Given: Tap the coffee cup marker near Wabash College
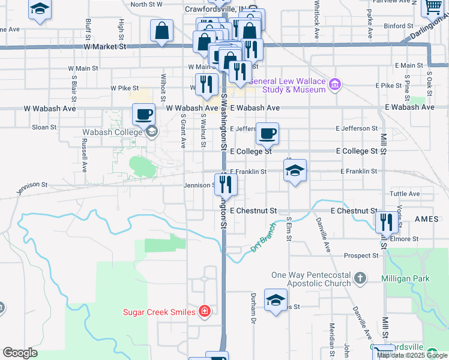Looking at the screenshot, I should tap(144, 113).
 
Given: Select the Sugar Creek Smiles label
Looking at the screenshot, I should tap(160, 311).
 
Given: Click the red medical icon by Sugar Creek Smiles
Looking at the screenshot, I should tap(205, 311).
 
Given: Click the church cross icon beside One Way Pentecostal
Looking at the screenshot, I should tap(360, 278).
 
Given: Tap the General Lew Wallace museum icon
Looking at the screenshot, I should tap(335, 85).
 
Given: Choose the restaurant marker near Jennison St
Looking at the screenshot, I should tap(226, 184).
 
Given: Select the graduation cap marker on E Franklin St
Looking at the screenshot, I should tap(295, 170).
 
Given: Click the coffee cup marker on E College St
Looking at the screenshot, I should tap(267, 133).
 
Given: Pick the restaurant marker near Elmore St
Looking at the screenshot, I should tap(387, 222).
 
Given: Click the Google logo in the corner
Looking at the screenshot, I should tap(20, 353).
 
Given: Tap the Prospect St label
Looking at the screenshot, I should tap(361, 255).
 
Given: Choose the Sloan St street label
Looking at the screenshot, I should tap(44, 127).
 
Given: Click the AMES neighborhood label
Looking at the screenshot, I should tap(427, 220).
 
